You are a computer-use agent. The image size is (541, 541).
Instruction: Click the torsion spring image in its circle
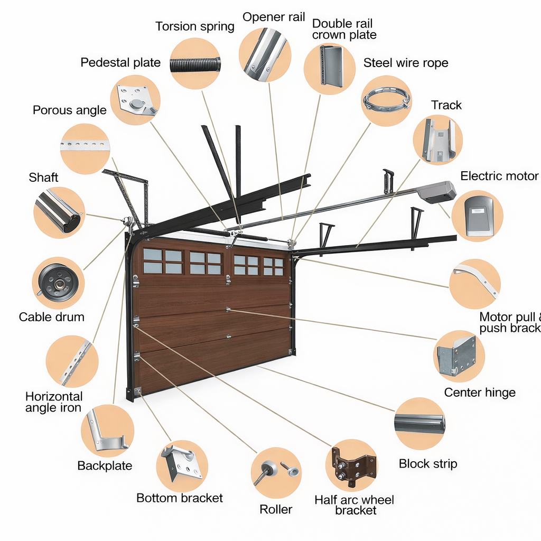(195, 64)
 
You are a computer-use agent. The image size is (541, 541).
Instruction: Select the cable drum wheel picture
(58, 283)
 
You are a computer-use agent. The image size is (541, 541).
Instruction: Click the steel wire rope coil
(387, 100)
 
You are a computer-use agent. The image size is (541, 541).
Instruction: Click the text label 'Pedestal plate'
(120, 62)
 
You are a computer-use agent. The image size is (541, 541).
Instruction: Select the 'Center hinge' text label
(479, 393)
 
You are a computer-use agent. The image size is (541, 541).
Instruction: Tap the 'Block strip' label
(427, 464)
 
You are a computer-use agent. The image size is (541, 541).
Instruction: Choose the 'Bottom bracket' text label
(180, 498)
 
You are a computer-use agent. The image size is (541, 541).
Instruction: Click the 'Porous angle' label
(70, 110)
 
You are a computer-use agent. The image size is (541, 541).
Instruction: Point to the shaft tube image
(58, 212)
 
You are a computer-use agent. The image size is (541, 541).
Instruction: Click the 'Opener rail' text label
(274, 17)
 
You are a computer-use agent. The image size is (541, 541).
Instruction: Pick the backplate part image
(106, 431)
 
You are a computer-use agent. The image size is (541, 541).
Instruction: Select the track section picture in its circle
(438, 139)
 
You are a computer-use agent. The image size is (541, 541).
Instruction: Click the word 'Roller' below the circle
(276, 509)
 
